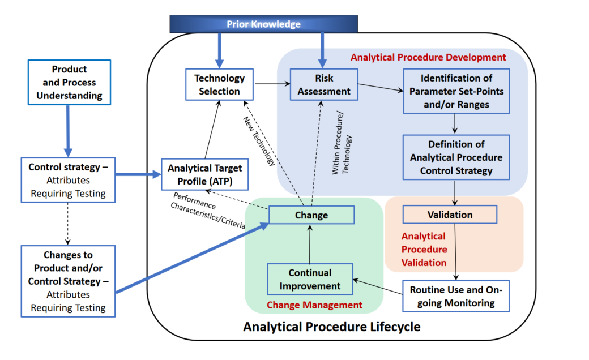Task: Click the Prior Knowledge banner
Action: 264,24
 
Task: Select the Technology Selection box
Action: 220,84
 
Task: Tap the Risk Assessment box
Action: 324,84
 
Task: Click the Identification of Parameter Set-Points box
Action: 456,91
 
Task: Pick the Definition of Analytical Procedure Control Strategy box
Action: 456,157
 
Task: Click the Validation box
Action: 450,215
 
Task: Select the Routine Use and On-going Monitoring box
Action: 456,296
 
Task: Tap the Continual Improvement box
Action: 310,279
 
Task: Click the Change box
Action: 311,215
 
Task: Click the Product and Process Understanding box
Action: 69,82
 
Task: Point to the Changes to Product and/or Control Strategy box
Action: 68,281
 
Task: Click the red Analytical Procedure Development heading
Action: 428,57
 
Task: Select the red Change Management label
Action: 314,305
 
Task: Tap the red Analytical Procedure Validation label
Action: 424,249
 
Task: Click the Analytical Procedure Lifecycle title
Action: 332,327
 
